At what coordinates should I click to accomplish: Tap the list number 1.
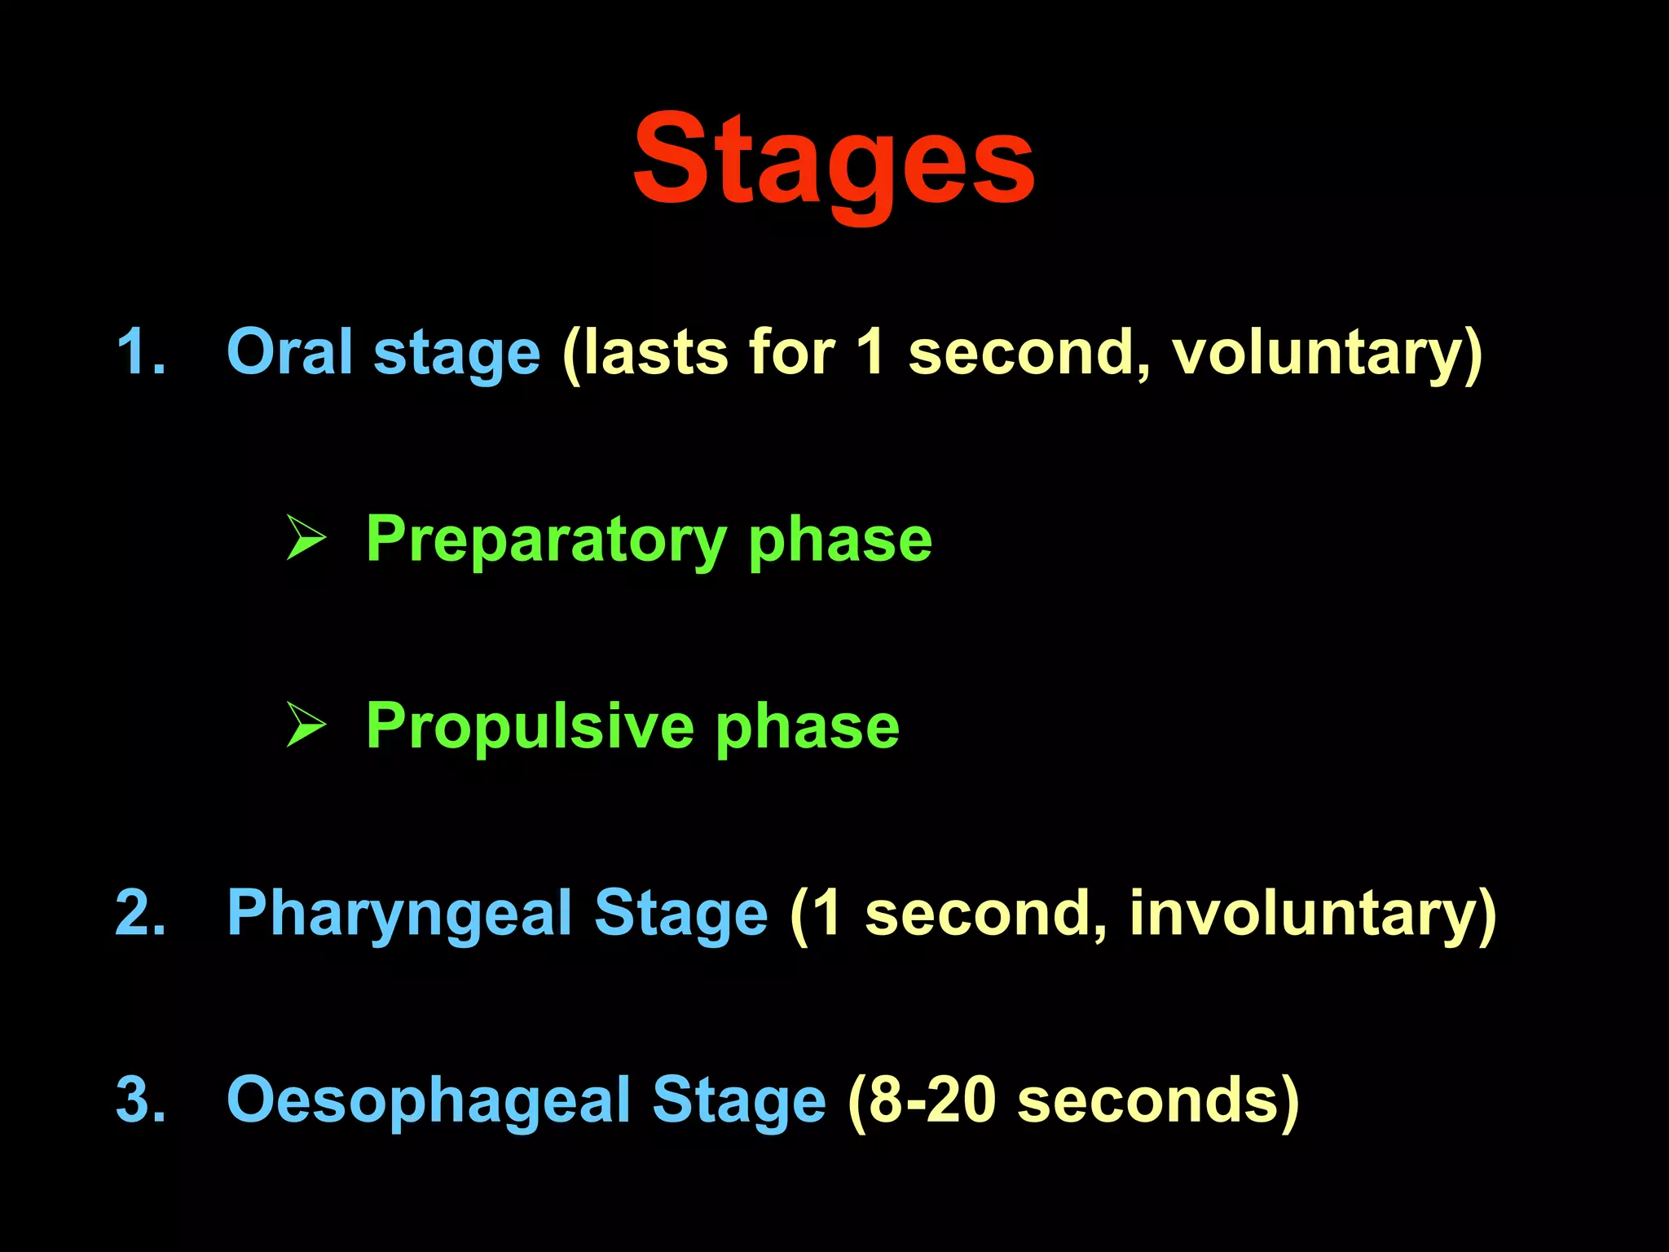point(140,352)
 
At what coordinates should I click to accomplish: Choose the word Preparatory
point(546,540)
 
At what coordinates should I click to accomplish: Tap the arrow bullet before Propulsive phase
point(306,725)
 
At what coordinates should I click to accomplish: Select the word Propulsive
point(530,725)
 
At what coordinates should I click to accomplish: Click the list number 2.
point(140,913)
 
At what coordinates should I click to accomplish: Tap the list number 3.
point(140,1100)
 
